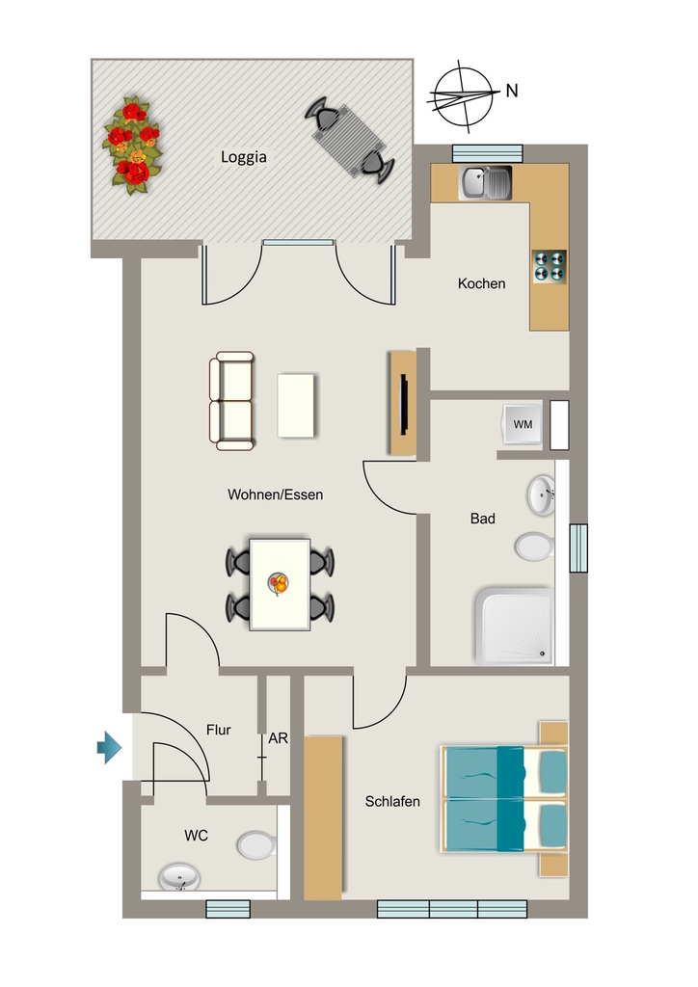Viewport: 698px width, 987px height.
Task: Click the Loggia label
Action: click(x=244, y=157)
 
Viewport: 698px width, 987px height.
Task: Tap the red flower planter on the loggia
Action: click(x=133, y=146)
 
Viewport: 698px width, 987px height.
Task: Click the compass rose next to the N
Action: click(x=462, y=96)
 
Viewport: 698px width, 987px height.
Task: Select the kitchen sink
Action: click(x=485, y=183)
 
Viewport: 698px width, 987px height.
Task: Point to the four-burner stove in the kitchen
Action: click(x=550, y=266)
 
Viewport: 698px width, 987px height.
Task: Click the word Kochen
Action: click(x=481, y=284)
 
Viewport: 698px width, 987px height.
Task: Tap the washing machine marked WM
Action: click(x=523, y=424)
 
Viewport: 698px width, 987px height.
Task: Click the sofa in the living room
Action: click(x=231, y=401)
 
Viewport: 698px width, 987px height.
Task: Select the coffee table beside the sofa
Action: click(x=296, y=406)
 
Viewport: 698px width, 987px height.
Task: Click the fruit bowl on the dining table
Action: click(x=279, y=583)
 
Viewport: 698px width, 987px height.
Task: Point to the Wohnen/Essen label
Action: click(x=275, y=494)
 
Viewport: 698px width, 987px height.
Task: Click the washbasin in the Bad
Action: click(x=541, y=495)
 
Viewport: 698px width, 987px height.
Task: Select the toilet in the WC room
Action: click(x=256, y=844)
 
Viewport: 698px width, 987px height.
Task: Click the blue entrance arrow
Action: click(x=110, y=747)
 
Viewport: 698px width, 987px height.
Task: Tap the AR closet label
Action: click(x=279, y=738)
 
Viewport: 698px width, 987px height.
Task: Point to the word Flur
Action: click(x=219, y=731)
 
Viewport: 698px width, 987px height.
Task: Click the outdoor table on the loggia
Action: click(x=350, y=141)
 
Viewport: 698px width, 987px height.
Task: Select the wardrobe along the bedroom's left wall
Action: click(x=324, y=817)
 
